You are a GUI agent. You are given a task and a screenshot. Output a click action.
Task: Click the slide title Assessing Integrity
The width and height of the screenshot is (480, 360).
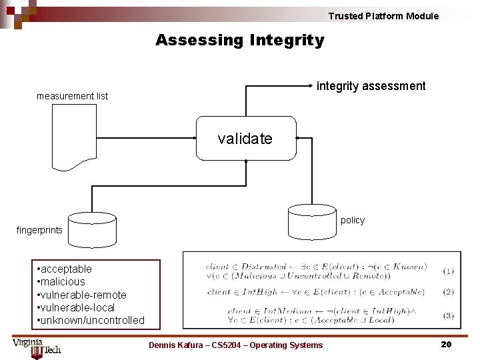[240, 41]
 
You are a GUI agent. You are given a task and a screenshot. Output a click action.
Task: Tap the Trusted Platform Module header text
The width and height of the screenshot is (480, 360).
[383, 16]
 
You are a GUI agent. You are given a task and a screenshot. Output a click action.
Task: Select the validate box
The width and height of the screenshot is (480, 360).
[245, 139]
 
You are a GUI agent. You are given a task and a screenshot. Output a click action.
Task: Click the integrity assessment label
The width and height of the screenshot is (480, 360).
[371, 86]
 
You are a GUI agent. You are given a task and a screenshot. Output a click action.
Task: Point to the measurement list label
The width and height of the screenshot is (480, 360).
[72, 96]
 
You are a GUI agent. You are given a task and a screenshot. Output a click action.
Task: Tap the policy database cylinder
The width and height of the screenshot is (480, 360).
[311, 221]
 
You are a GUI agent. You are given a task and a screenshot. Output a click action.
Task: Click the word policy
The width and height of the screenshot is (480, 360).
[353, 220]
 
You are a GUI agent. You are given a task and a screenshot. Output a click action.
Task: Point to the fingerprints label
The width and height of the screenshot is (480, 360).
[39, 230]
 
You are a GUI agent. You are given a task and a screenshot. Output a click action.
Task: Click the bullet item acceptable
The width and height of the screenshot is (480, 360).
[65, 269]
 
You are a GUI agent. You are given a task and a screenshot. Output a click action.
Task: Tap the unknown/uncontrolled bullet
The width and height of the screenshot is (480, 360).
[91, 320]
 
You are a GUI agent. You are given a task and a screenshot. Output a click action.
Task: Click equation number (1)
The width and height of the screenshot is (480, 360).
[448, 271]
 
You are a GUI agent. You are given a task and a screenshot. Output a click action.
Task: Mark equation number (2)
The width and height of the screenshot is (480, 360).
[448, 292]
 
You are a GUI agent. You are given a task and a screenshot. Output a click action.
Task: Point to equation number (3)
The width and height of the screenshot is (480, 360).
[448, 315]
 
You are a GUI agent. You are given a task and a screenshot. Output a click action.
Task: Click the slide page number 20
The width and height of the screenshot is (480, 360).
[446, 344]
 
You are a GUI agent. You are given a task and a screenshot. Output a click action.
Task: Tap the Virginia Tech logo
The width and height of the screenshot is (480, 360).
[36, 347]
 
